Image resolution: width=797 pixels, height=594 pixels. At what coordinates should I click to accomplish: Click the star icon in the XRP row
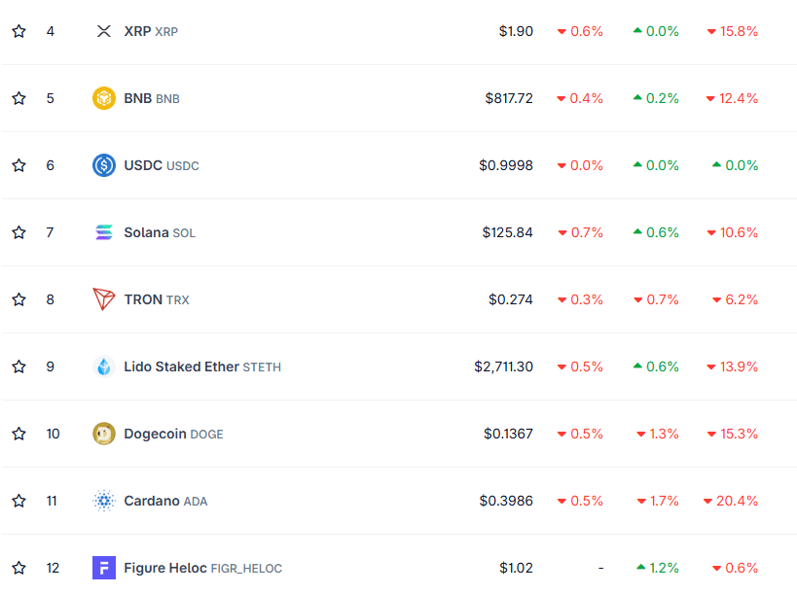(x=18, y=31)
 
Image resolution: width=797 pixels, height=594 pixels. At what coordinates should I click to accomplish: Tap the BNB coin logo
(x=104, y=98)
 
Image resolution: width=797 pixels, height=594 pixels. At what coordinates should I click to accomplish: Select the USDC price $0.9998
(x=506, y=165)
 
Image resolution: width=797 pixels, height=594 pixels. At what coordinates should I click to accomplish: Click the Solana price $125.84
(x=507, y=232)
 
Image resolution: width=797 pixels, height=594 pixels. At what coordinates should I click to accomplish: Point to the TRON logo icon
(x=104, y=299)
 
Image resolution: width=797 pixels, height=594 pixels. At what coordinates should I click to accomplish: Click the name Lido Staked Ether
(x=181, y=367)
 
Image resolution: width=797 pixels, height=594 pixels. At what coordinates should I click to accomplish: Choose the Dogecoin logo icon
(x=104, y=434)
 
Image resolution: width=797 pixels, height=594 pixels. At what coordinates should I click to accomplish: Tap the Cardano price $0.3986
(x=506, y=501)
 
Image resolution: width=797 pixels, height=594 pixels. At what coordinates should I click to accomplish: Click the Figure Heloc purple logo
(x=104, y=568)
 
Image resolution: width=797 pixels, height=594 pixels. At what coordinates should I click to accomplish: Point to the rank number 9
(x=51, y=367)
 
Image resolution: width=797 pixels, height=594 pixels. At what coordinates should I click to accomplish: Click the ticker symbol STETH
(x=262, y=367)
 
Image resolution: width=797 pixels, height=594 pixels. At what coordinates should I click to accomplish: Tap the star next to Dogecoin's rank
(x=18, y=434)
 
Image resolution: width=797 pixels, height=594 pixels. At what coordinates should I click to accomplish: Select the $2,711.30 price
(x=503, y=367)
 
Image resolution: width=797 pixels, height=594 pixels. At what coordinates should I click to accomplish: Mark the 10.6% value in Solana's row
(x=739, y=232)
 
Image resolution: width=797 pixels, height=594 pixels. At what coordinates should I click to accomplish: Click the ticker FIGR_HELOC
(x=246, y=569)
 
